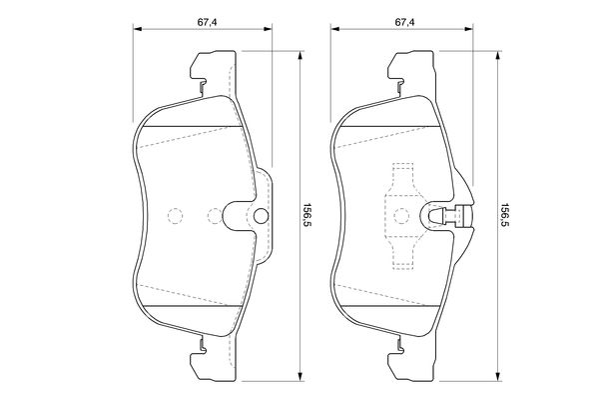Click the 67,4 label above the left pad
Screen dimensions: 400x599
click(x=207, y=18)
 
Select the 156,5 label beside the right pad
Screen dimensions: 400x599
click(x=506, y=215)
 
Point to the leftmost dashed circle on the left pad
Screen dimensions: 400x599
click(x=174, y=215)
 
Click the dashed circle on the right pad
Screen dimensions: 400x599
click(x=401, y=215)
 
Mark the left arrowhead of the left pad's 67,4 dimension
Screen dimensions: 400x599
click(x=138, y=30)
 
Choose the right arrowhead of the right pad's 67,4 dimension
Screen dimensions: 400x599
click(x=474, y=30)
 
